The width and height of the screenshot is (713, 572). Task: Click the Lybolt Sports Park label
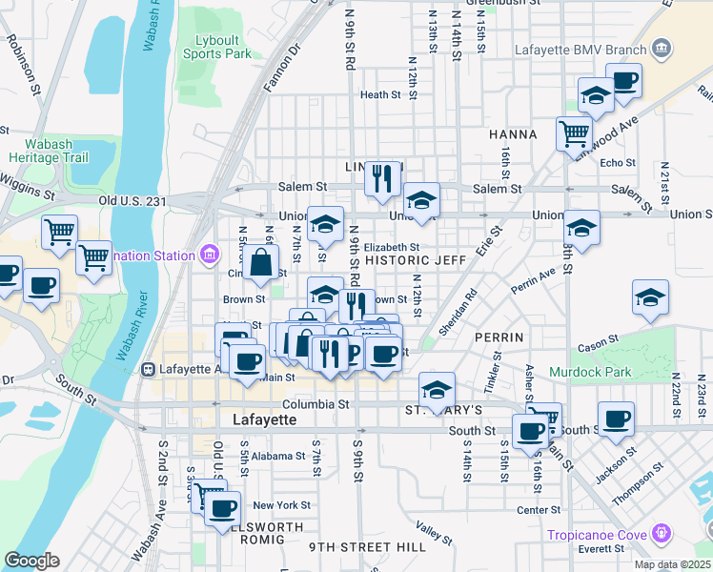click(216, 47)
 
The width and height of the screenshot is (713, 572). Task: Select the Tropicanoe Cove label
click(598, 534)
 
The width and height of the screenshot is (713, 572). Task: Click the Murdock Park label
click(587, 370)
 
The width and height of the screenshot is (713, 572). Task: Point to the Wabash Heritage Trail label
click(41, 151)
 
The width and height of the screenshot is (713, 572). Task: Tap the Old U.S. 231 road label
click(132, 201)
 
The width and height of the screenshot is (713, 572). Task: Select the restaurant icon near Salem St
click(382, 177)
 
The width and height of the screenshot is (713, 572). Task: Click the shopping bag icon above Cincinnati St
click(261, 261)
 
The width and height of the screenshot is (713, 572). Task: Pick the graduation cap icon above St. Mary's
click(437, 389)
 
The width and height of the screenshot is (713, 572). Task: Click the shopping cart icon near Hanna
click(574, 134)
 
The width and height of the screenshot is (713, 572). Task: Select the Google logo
click(31, 561)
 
